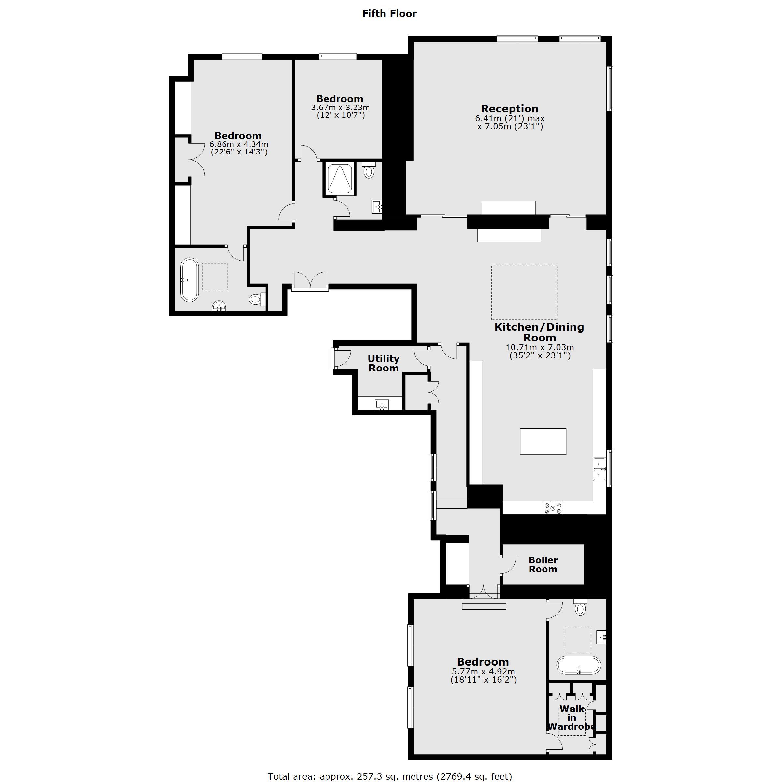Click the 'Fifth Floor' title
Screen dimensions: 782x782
click(x=389, y=14)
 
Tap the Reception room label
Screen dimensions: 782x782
click(x=510, y=109)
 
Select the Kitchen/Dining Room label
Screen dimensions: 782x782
click(x=539, y=332)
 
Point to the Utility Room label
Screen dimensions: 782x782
click(x=383, y=363)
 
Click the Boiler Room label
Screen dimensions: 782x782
click(x=543, y=565)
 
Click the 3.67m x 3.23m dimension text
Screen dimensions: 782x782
click(x=340, y=108)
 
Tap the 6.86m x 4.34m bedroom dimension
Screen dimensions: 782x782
click(x=239, y=144)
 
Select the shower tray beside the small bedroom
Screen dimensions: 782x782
click(x=340, y=179)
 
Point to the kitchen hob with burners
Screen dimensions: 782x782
click(x=553, y=508)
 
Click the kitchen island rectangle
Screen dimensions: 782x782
click(x=543, y=441)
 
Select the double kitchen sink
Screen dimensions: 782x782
click(x=600, y=469)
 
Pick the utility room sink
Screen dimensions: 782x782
click(x=382, y=404)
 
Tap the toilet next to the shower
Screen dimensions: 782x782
click(x=369, y=169)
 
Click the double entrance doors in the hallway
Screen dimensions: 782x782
click(x=310, y=281)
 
